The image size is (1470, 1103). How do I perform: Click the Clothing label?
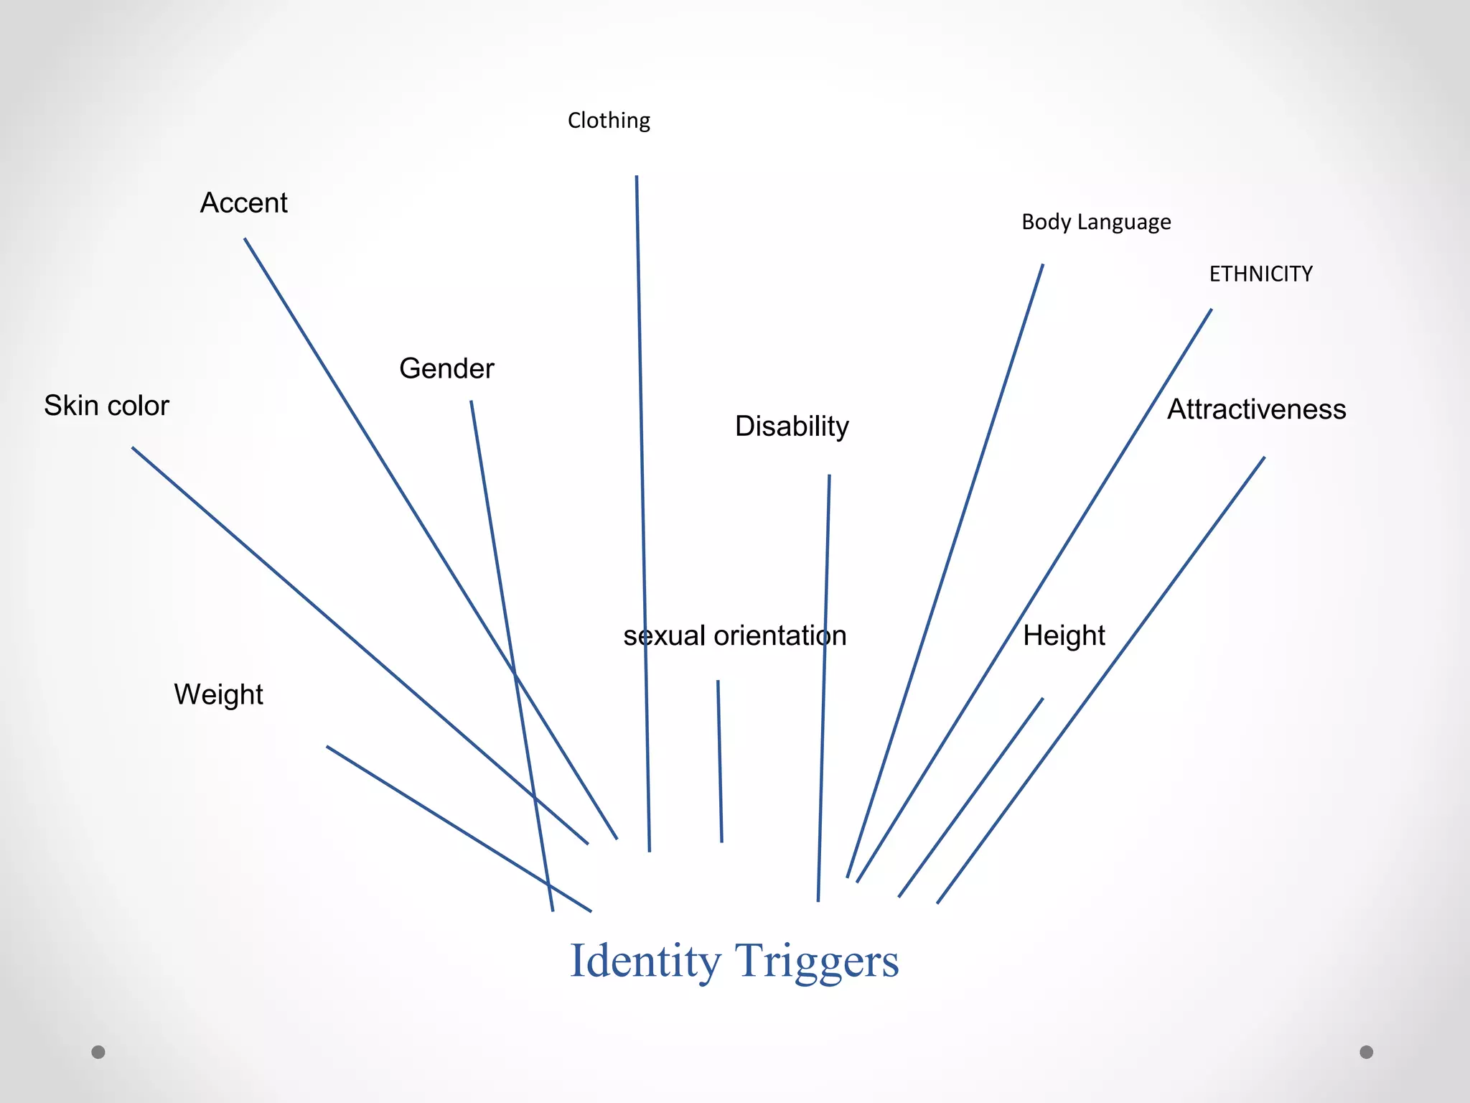(609, 121)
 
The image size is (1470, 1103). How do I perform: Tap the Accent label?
(243, 203)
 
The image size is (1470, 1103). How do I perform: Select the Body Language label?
(1096, 222)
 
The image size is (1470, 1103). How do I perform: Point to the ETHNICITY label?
(1260, 274)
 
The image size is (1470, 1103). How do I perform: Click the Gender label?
(446, 368)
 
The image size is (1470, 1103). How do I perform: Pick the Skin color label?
(106, 406)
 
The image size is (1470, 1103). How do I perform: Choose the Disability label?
(792, 427)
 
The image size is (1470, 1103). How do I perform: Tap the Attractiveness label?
(1256, 409)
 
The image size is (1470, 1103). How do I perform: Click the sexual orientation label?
(735, 636)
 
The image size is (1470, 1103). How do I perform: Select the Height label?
(1064, 636)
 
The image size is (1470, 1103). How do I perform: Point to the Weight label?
(218, 694)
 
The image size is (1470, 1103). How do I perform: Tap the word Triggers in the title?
(817, 961)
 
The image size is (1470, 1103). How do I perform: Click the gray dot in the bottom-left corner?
(98, 1052)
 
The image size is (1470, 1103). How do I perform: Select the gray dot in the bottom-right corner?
(1367, 1052)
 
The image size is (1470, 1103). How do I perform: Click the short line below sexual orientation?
(720, 761)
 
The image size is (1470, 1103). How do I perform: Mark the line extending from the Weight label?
(459, 829)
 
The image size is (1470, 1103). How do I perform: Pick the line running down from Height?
(970, 797)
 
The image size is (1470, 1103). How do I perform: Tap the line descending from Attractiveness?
(1100, 680)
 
